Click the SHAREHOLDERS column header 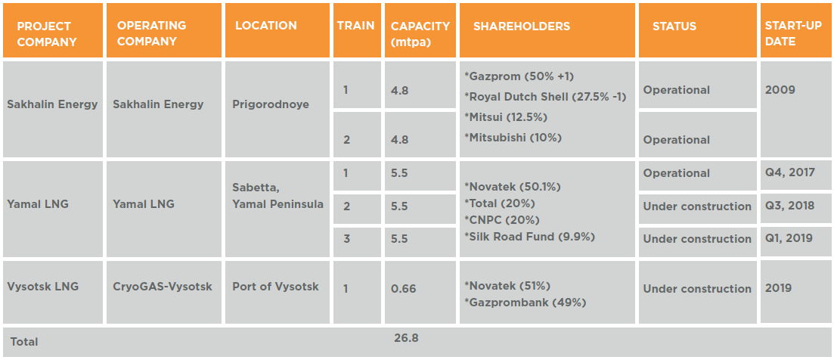522,26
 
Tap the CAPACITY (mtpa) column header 420,33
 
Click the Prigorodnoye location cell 271,104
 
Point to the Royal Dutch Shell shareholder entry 545,97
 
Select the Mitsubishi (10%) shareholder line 513,138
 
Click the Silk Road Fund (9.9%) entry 529,237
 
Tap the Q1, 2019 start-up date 789,238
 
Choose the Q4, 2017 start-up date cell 789,172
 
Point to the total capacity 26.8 407,337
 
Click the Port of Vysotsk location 276,287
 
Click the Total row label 24,342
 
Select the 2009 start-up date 780,90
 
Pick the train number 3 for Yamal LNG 346,238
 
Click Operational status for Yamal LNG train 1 677,173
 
